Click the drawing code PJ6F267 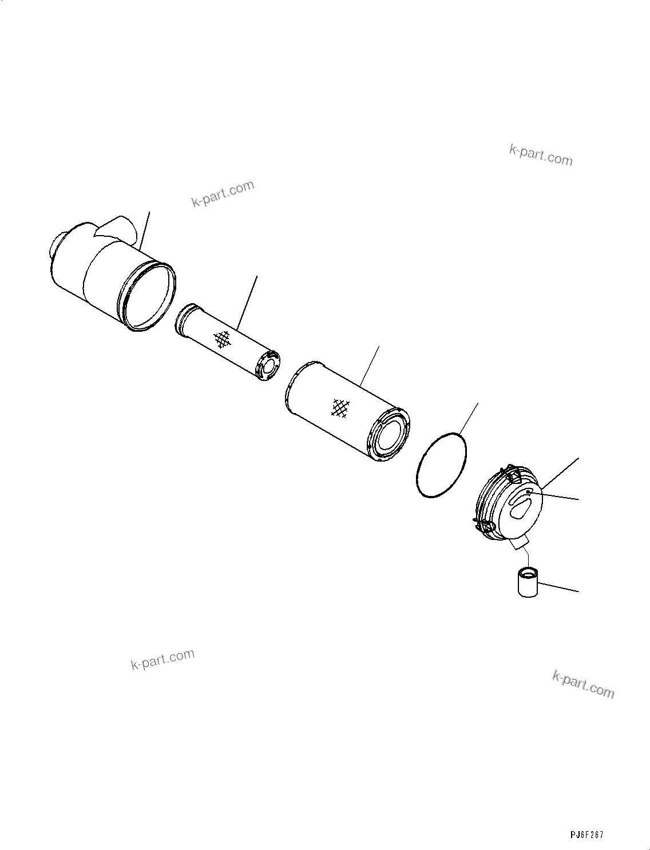586,835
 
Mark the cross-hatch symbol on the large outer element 341,408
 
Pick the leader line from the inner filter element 248,303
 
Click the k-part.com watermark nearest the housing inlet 223,194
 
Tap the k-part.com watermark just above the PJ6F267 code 583,684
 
